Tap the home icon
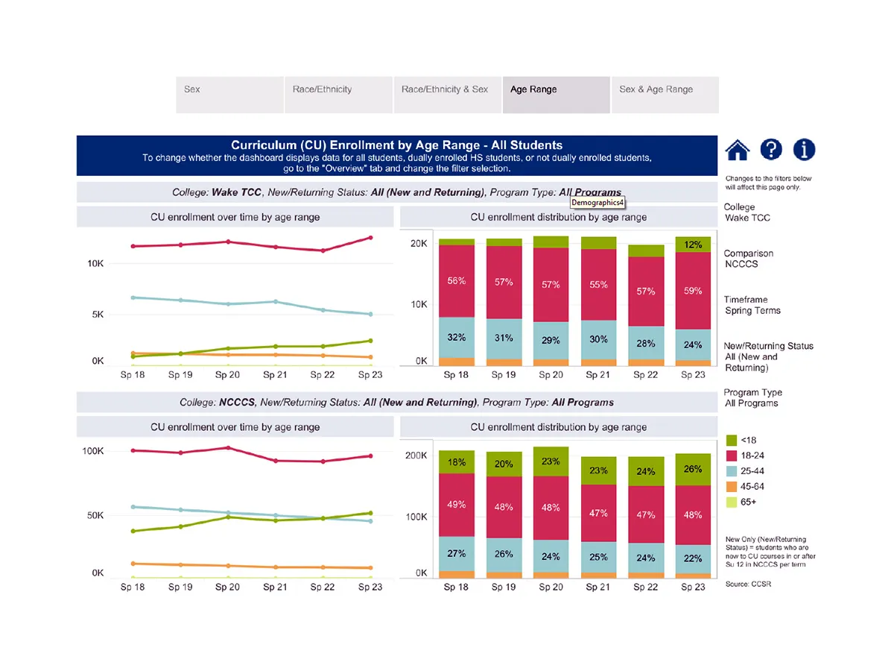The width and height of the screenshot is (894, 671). click(737, 150)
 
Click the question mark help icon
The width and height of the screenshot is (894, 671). click(771, 150)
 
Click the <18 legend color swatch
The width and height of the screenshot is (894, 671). click(731, 440)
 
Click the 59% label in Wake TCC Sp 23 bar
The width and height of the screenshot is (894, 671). click(693, 291)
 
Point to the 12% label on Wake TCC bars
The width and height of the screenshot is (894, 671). click(693, 245)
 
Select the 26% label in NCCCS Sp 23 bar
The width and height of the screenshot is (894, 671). click(693, 469)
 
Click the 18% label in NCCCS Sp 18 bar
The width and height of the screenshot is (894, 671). click(457, 462)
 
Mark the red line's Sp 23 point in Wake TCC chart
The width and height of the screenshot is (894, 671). click(370, 238)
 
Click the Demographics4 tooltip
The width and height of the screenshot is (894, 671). click(598, 202)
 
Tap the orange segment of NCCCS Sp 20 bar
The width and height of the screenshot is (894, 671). click(551, 575)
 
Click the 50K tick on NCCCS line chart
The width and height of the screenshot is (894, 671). click(93, 516)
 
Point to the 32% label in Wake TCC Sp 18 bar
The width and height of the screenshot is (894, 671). click(457, 337)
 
